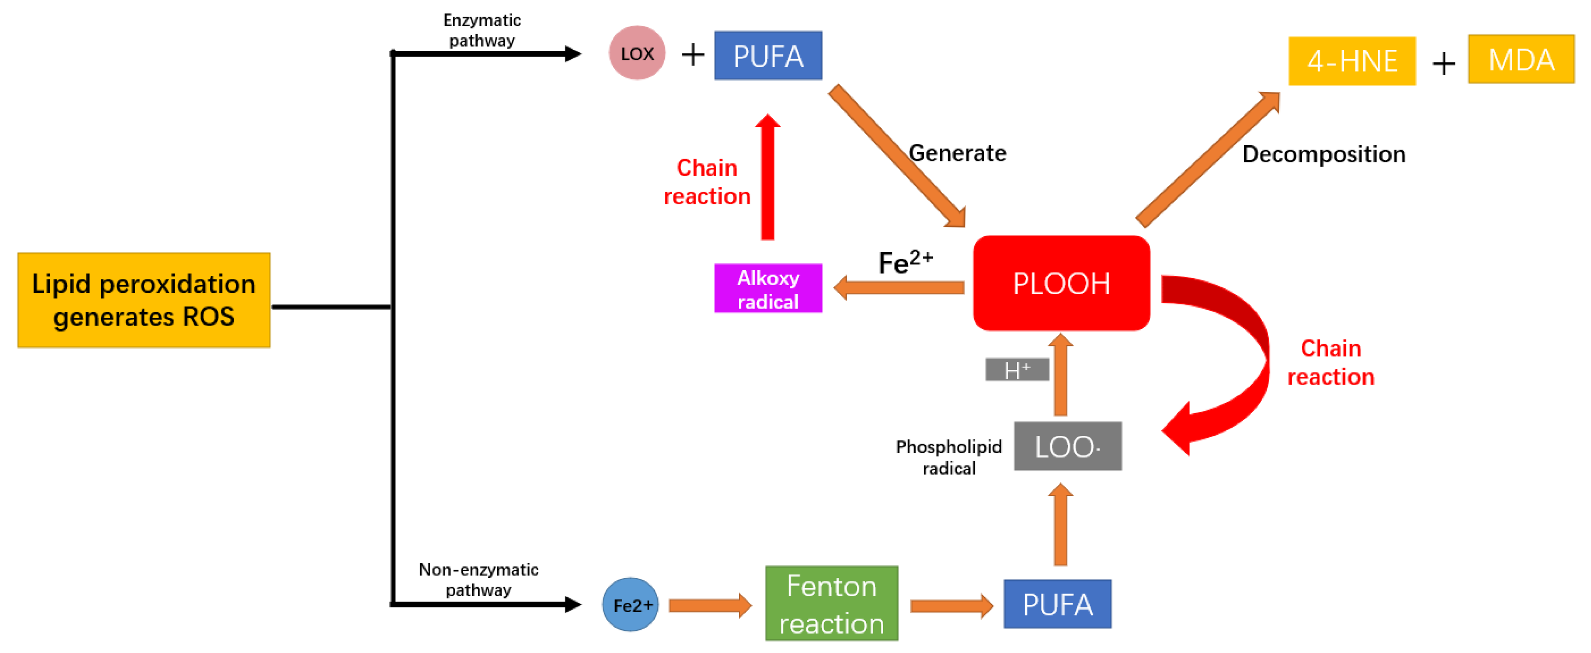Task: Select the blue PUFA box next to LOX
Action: point(768,56)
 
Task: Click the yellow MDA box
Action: point(1520,59)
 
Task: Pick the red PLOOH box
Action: point(1061,283)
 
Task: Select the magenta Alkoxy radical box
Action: point(768,289)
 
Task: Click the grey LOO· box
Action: point(1067,446)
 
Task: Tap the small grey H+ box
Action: point(1016,370)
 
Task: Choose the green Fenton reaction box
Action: point(831,604)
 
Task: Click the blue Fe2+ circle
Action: point(630,605)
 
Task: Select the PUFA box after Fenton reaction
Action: point(1057,604)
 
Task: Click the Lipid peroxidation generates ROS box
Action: point(144,300)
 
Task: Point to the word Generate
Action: point(957,153)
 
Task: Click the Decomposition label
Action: point(1324,154)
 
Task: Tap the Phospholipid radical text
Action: point(949,457)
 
